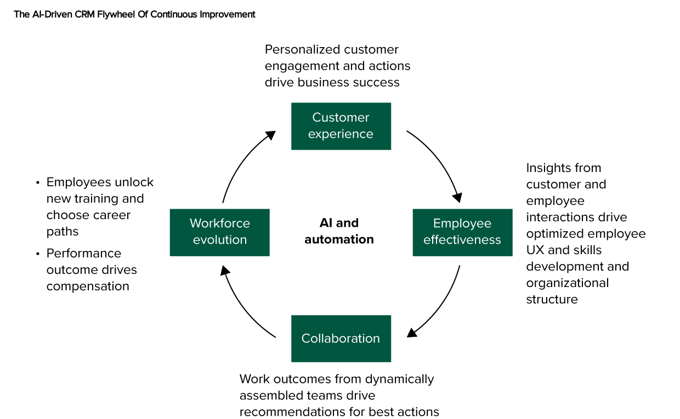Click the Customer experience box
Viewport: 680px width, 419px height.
(341, 126)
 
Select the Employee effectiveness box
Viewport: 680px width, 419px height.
(462, 232)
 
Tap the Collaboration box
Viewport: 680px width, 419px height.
(341, 338)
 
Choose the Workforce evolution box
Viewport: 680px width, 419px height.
(219, 232)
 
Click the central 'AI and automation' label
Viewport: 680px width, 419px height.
(339, 231)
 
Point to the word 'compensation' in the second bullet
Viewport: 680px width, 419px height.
(88, 286)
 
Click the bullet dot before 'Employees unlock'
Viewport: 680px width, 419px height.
(38, 183)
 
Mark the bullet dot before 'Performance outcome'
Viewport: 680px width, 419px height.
(38, 254)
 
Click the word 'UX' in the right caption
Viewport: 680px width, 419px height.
(535, 250)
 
